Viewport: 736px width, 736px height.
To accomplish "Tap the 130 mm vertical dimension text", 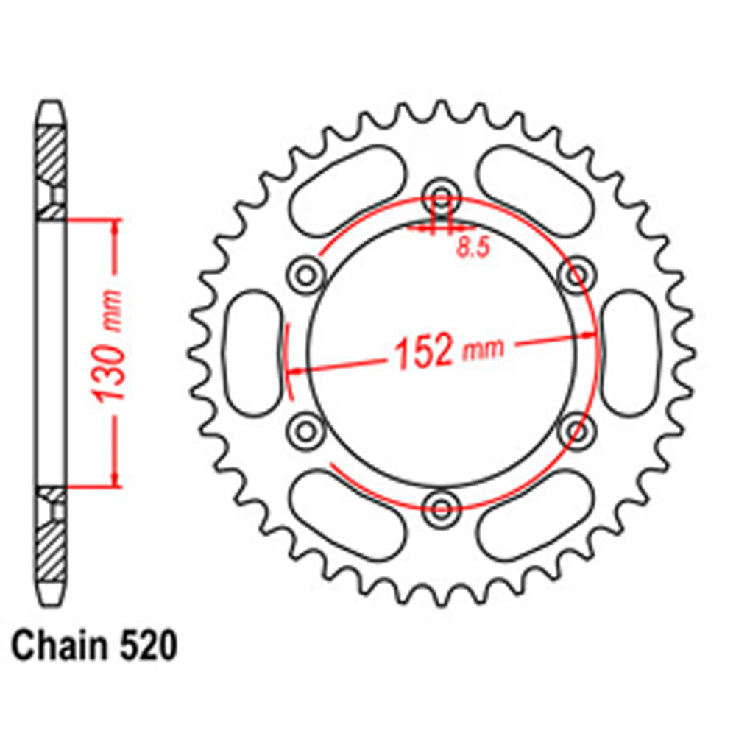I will click(113, 350).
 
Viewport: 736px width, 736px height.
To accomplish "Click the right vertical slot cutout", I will click(631, 351).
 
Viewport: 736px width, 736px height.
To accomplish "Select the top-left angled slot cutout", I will click(347, 187).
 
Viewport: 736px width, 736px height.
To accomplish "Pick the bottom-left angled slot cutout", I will click(347, 514).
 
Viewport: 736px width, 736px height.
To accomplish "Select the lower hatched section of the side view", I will click(52, 548).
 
